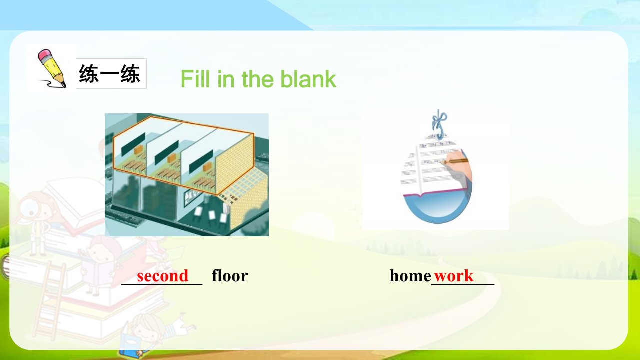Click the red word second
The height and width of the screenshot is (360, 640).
pos(163,276)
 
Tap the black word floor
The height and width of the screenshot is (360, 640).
pos(230,275)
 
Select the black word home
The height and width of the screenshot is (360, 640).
pos(410,276)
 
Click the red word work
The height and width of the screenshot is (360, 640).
pos(454,276)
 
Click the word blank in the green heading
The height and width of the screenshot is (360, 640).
pos(308,79)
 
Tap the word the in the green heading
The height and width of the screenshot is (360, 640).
pos(259,79)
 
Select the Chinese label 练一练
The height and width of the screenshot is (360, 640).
pos(109,73)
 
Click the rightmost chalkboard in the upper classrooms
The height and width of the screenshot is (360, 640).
pos(201,162)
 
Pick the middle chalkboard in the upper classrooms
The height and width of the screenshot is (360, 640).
pos(166,153)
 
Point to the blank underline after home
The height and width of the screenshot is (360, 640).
pos(463,284)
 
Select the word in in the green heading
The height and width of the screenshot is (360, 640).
pos(226,79)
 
